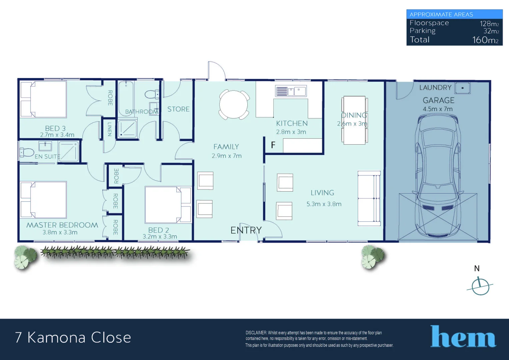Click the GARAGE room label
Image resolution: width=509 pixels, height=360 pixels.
point(438,100)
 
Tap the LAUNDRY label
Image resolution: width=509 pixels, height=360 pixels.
point(435,88)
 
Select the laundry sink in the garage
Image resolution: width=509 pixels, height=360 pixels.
point(462,88)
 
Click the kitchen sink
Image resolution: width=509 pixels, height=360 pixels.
point(291,91)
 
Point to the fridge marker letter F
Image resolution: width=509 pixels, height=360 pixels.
point(273,145)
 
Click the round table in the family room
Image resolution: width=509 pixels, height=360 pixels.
point(234,104)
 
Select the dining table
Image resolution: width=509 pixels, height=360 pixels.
point(354,120)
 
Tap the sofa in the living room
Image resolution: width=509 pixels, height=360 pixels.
point(369,199)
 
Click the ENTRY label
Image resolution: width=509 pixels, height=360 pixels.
point(246,230)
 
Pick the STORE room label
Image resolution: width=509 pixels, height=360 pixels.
point(178,109)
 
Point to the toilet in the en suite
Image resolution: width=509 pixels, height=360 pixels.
point(27,152)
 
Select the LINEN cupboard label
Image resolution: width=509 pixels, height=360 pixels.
point(109,129)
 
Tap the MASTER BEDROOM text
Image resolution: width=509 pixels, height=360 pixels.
point(62,225)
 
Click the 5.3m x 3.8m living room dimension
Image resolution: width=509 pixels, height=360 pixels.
point(324,204)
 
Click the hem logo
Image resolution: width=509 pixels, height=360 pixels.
point(463,337)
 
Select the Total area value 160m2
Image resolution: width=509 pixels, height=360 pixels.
point(485,40)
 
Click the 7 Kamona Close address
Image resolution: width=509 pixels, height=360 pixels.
point(73,337)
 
